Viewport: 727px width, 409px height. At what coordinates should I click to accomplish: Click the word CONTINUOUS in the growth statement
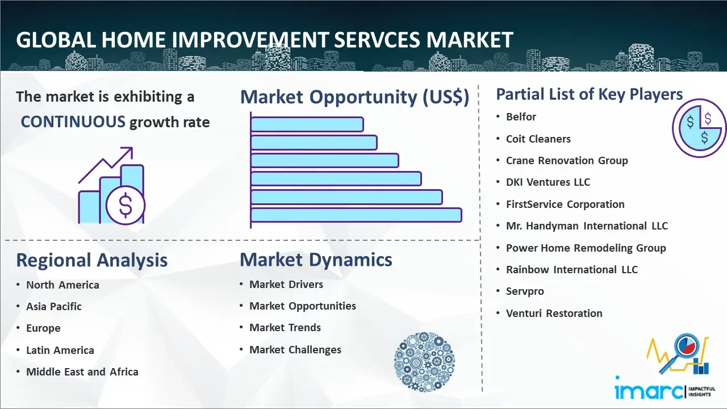click(x=73, y=122)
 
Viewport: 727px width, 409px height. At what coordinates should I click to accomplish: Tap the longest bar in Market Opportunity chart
click(x=356, y=215)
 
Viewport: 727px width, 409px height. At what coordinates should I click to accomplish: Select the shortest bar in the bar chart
click(x=307, y=124)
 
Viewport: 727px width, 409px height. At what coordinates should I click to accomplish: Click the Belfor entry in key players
click(x=521, y=117)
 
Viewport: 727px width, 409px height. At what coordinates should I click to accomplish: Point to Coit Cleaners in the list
click(x=538, y=139)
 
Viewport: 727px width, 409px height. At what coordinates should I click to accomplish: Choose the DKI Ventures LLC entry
click(x=548, y=182)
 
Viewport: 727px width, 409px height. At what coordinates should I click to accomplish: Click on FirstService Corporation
click(x=565, y=204)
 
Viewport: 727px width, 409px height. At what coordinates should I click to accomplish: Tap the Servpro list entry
click(x=525, y=291)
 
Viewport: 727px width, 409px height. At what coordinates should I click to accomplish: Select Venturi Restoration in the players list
click(x=554, y=313)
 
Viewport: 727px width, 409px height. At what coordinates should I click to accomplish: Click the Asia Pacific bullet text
click(x=54, y=306)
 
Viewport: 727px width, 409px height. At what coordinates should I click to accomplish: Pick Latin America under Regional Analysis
click(x=60, y=350)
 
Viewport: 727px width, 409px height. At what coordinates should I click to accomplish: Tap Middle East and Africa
click(x=82, y=372)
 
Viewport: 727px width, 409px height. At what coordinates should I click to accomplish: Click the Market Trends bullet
click(x=285, y=328)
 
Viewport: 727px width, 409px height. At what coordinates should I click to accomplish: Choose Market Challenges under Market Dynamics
click(x=295, y=349)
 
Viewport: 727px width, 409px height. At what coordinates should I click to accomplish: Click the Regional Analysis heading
click(x=92, y=260)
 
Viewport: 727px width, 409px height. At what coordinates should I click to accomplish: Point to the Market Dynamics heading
click(x=316, y=260)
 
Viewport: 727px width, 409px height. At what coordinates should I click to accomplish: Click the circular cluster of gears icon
click(x=424, y=361)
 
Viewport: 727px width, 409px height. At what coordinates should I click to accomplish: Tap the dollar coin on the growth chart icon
click(x=126, y=205)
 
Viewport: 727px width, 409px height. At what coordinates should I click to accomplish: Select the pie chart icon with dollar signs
click(x=699, y=128)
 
